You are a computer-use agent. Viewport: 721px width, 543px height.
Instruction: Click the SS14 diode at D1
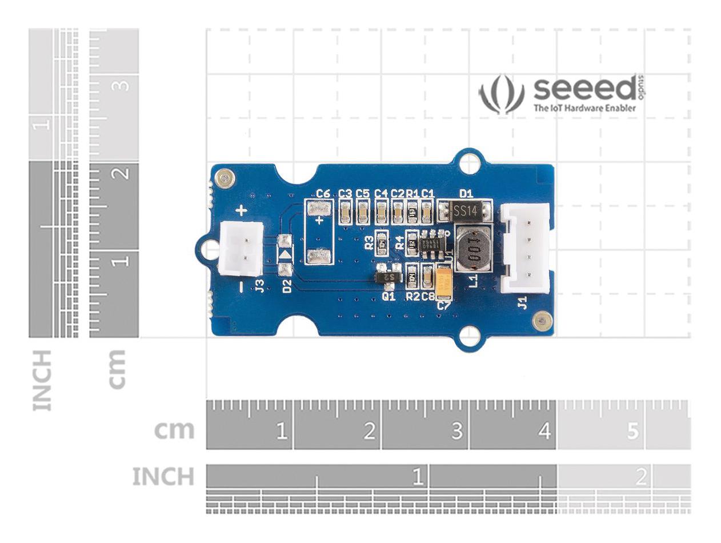click(466, 211)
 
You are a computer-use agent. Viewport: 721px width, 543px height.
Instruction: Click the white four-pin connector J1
click(526, 248)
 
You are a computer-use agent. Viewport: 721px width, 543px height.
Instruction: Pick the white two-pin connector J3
click(241, 248)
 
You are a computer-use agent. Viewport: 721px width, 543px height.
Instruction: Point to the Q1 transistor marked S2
click(389, 277)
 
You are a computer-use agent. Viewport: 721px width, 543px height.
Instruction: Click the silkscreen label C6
click(323, 194)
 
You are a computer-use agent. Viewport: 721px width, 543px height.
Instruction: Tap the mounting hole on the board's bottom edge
click(470, 336)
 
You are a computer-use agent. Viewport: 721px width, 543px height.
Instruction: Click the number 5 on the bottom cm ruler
click(632, 430)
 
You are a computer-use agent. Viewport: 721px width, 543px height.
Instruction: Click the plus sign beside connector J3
click(242, 211)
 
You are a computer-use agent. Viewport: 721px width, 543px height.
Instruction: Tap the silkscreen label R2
click(412, 296)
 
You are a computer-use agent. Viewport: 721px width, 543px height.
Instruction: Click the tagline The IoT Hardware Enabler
click(584, 107)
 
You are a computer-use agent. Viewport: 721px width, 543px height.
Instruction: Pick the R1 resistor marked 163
click(412, 213)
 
